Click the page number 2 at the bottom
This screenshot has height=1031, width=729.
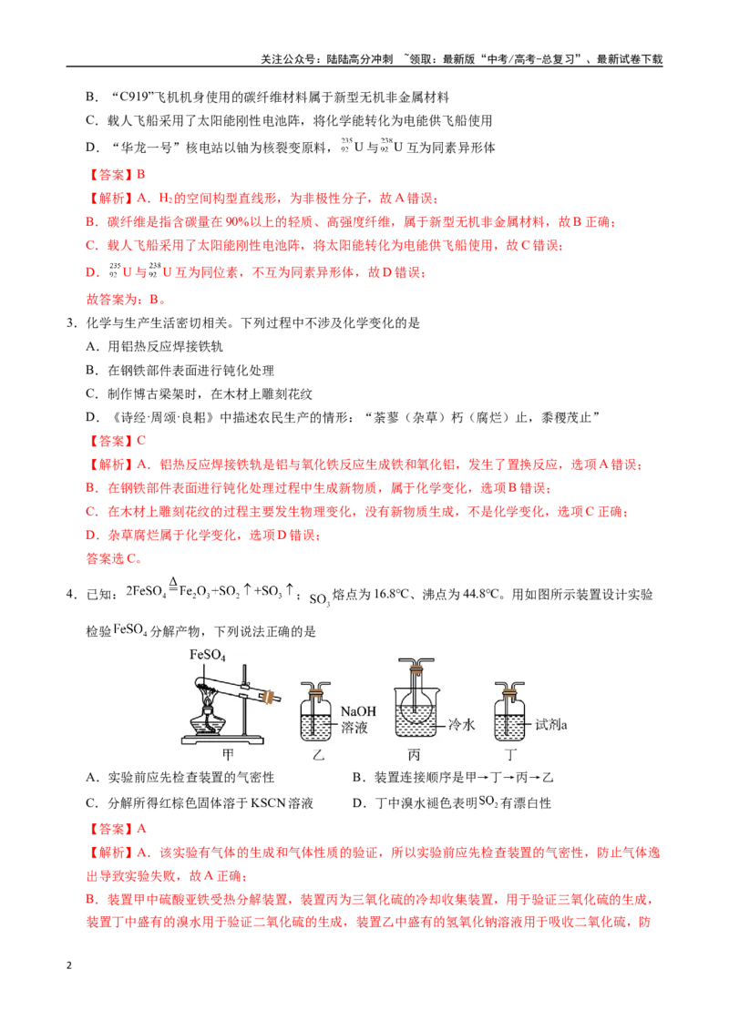tap(69, 965)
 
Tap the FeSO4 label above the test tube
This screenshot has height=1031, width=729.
tap(207, 655)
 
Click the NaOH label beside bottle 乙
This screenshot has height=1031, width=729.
tap(358, 710)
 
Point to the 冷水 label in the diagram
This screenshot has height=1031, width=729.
tap(461, 725)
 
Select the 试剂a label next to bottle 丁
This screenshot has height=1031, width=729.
tap(550, 725)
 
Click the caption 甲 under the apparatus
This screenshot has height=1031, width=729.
tap(228, 754)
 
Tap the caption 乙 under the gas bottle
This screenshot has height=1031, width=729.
tap(318, 755)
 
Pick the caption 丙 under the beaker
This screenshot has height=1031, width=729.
tap(414, 755)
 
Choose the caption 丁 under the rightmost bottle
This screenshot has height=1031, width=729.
tap(510, 755)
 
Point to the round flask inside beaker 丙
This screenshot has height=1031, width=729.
tap(416, 701)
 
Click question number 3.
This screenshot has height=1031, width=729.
tap(71, 323)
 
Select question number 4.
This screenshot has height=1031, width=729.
tap(71, 595)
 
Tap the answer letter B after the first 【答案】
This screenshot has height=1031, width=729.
tap(141, 175)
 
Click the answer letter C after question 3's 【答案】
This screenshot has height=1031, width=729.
tap(141, 441)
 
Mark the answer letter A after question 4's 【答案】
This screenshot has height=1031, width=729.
tap(141, 829)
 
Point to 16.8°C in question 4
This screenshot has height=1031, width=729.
tap(392, 595)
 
